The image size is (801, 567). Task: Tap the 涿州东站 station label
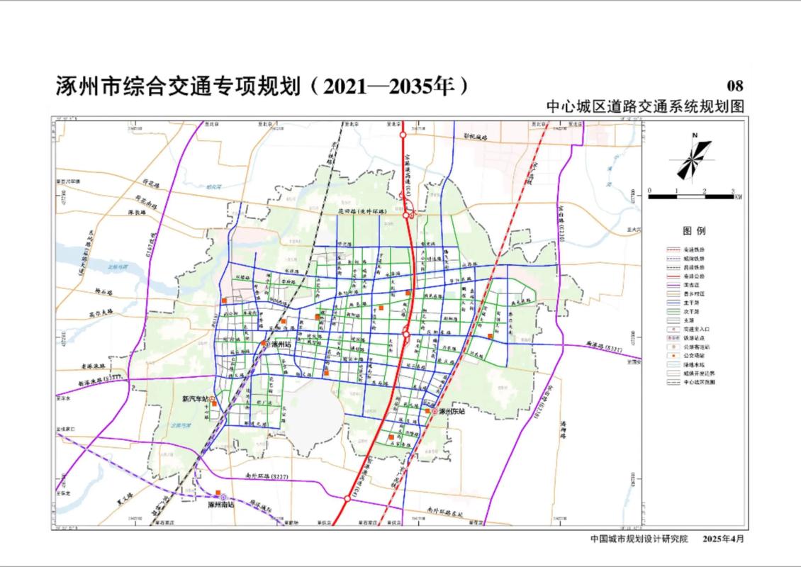tap(451, 411)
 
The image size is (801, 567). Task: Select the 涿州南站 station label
tap(221, 505)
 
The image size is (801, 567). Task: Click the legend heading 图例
tap(694, 231)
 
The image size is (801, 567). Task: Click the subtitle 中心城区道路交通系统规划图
tap(645, 106)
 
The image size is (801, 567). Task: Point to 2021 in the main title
tap(345, 86)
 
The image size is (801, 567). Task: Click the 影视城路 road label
tap(476, 135)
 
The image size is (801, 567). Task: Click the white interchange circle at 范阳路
tap(406, 334)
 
